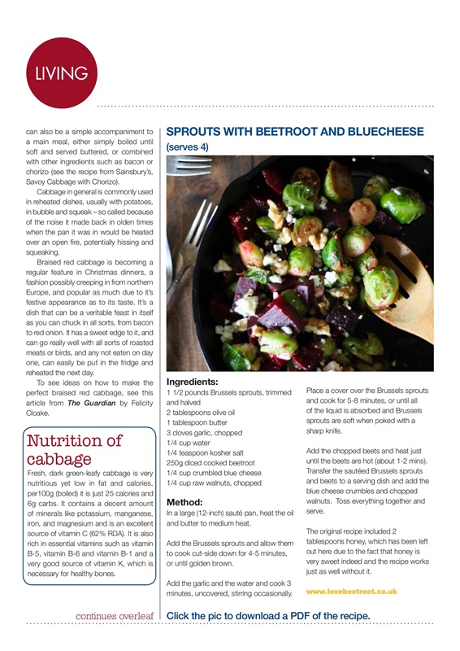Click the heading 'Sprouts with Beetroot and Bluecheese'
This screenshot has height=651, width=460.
pos(294,131)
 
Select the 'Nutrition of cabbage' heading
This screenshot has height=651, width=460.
pos(76,450)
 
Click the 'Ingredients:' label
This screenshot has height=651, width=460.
pos(197,381)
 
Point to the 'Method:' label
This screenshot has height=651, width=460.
pos(189,502)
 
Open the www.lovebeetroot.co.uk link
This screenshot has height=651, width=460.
pos(352,592)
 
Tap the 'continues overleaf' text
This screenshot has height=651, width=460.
pos(114,616)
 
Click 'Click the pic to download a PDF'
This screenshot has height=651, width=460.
pos(268,616)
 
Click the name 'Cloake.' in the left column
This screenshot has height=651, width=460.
pos(40,413)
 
